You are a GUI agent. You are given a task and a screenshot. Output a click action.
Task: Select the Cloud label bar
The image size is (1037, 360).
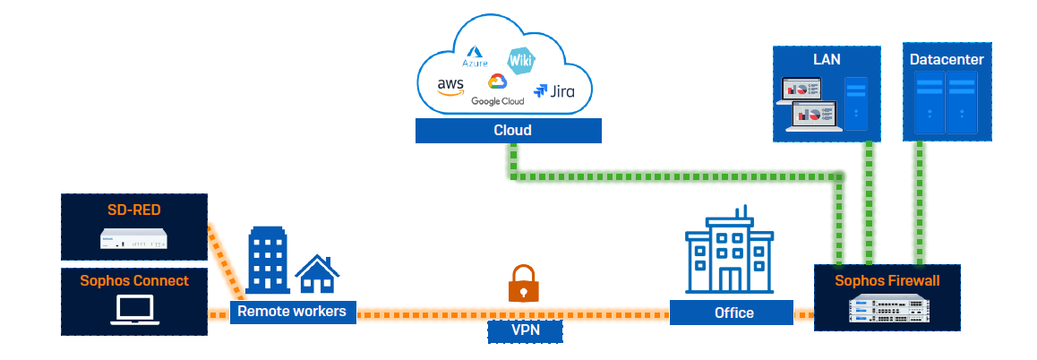[x=509, y=131]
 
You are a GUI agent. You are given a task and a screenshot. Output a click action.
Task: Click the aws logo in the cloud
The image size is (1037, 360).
[x=450, y=86]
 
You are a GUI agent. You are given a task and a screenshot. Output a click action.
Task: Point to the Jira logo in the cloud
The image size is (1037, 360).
[x=553, y=90]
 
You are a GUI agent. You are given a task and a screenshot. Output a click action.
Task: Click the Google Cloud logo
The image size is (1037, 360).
[x=497, y=90]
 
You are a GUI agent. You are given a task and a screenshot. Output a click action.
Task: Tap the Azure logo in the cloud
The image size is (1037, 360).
[x=475, y=58]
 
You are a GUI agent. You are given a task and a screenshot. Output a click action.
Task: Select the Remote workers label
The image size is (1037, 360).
[x=294, y=312]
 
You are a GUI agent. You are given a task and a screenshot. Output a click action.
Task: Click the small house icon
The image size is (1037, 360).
[x=317, y=274]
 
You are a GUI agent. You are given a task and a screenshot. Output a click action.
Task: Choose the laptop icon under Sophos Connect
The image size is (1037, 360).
[x=133, y=309]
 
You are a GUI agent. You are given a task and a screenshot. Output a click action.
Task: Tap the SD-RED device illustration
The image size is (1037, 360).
[x=133, y=239]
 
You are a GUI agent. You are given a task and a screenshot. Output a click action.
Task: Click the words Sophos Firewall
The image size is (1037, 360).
[x=886, y=280]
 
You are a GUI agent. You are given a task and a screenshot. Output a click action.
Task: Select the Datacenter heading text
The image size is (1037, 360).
[x=947, y=60]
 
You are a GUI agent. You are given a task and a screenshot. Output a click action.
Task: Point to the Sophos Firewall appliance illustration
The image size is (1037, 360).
[x=886, y=309]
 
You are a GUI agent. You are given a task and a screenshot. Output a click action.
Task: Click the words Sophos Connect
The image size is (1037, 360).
[x=133, y=280]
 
